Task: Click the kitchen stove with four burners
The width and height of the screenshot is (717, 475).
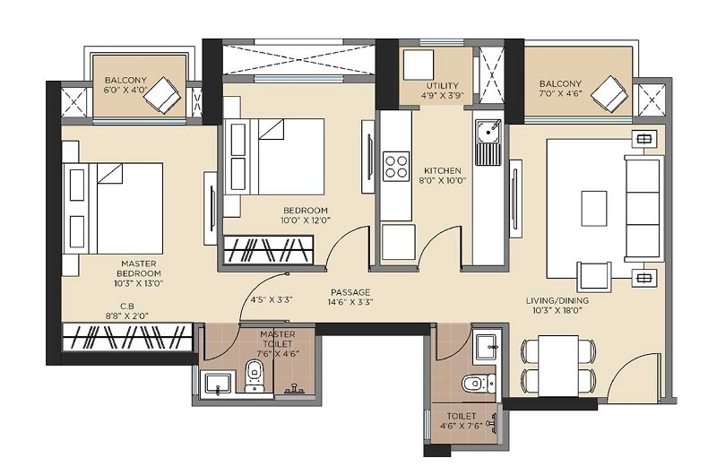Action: (x=396, y=166)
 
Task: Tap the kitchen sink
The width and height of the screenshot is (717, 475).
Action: (x=488, y=142)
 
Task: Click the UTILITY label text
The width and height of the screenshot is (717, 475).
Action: (x=442, y=84)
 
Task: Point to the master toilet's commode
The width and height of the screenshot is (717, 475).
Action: (x=254, y=378)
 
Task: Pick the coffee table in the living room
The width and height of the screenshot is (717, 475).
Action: (x=593, y=208)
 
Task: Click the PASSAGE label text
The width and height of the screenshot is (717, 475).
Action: (x=350, y=292)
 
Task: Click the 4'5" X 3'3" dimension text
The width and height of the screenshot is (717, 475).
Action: (x=272, y=299)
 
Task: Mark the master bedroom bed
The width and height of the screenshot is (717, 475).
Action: (x=113, y=207)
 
